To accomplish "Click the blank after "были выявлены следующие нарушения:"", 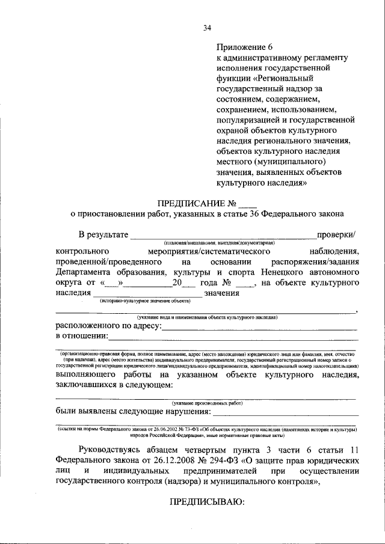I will coord(286,414).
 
